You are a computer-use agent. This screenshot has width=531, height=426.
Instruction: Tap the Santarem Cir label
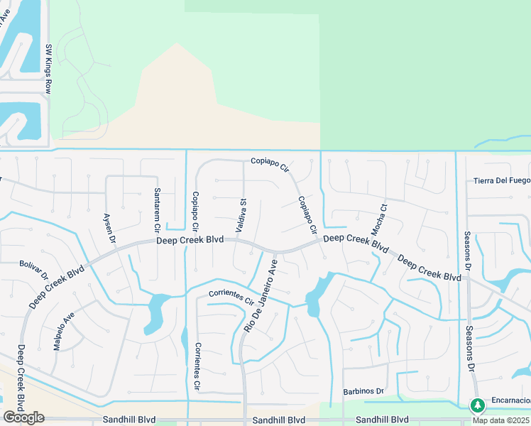(157, 210)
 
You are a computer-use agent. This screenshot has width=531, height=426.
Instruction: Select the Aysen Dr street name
(109, 228)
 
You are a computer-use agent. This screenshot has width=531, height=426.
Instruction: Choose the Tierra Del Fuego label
(501, 180)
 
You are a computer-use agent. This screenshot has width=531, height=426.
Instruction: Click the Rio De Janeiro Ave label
(260, 297)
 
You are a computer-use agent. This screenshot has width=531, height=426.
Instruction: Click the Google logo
(23, 417)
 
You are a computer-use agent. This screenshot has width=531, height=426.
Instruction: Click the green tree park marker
(477, 405)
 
